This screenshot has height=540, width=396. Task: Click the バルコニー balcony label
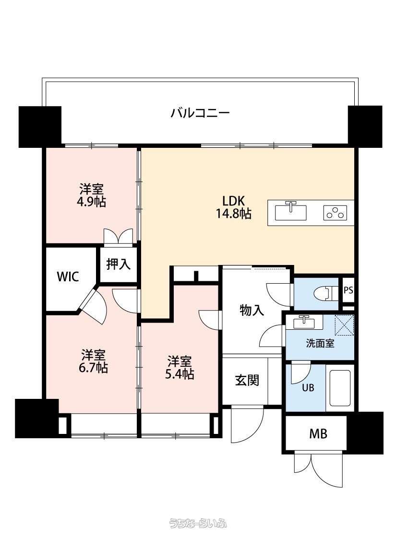point(200,113)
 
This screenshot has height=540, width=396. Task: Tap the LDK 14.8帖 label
point(233,207)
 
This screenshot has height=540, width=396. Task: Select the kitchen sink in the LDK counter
point(291,212)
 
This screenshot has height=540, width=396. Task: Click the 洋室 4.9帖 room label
point(91,196)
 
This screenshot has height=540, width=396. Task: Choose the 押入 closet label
point(118,264)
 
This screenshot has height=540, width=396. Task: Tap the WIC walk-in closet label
point(68,276)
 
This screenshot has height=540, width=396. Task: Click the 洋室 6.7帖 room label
point(93,361)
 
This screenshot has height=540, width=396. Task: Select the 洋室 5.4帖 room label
point(180,368)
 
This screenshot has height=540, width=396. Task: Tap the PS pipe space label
point(348,290)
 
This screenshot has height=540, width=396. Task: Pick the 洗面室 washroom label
point(320,343)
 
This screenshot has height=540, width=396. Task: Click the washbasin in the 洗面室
point(304,323)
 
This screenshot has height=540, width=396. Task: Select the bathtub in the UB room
point(340,388)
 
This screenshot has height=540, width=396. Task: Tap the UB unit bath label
point(308,388)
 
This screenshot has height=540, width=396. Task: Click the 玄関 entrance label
point(247,381)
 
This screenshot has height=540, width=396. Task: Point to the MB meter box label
point(318,434)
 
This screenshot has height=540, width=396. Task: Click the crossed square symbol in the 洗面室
point(344,325)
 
